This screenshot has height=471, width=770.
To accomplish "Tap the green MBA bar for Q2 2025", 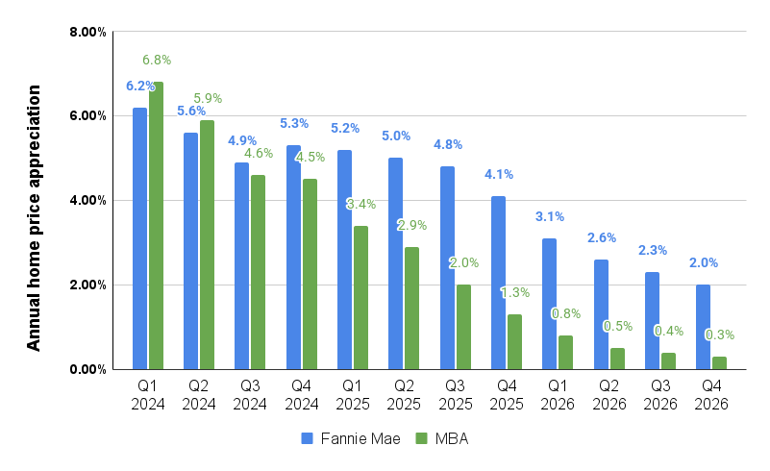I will tap(411, 308).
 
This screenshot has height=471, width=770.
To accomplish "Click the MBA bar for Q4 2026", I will tap(719, 362).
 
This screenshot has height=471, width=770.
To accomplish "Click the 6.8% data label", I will tap(156, 60).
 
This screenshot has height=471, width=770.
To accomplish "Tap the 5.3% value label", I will tap(294, 123).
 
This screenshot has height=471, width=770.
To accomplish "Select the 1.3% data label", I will tap(515, 292).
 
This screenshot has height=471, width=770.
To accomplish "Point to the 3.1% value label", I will tap(550, 216).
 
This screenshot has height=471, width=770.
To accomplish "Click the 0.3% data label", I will tap(720, 335).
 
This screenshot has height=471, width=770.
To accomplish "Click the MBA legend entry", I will tap(441, 438).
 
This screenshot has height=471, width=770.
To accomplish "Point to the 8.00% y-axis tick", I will tap(87, 32).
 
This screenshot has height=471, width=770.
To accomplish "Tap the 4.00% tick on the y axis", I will tap(87, 200).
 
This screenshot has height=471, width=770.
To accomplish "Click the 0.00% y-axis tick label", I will tap(87, 369).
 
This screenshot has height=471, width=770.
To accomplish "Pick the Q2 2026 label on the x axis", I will tap(609, 395).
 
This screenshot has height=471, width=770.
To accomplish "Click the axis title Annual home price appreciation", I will tap(34, 218).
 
